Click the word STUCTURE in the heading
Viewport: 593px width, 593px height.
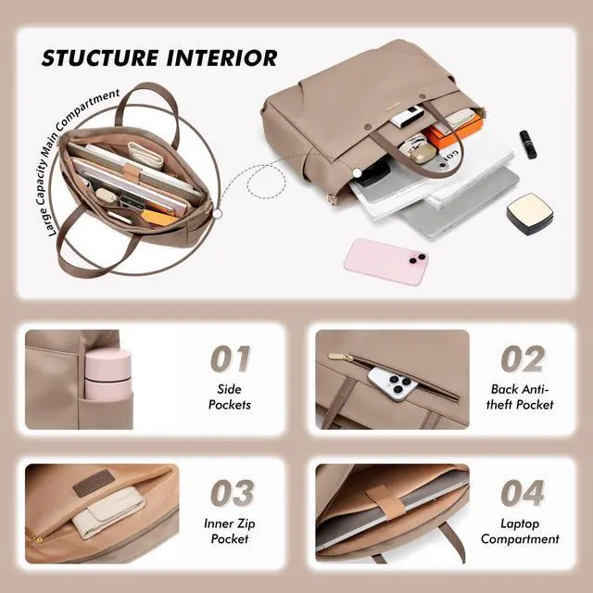(x=99, y=57)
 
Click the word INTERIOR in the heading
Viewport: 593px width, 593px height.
(x=222, y=57)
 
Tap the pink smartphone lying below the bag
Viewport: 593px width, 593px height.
(x=385, y=261)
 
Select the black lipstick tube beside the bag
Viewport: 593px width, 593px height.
(x=527, y=145)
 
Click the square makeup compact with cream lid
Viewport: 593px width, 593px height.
(x=530, y=214)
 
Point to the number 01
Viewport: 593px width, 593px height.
(x=231, y=359)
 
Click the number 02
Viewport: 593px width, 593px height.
(x=523, y=359)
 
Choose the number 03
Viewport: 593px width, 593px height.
(x=233, y=493)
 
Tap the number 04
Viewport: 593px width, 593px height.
(x=523, y=493)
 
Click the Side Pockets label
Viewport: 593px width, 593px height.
(x=230, y=397)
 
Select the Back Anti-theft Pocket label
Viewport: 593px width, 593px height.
(x=520, y=397)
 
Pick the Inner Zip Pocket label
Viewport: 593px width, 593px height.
(x=230, y=531)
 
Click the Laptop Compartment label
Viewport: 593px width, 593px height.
(x=520, y=531)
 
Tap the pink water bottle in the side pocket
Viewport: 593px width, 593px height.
(x=107, y=375)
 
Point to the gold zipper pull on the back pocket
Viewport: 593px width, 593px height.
(x=341, y=357)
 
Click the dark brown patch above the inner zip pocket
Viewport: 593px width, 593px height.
(x=92, y=485)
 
